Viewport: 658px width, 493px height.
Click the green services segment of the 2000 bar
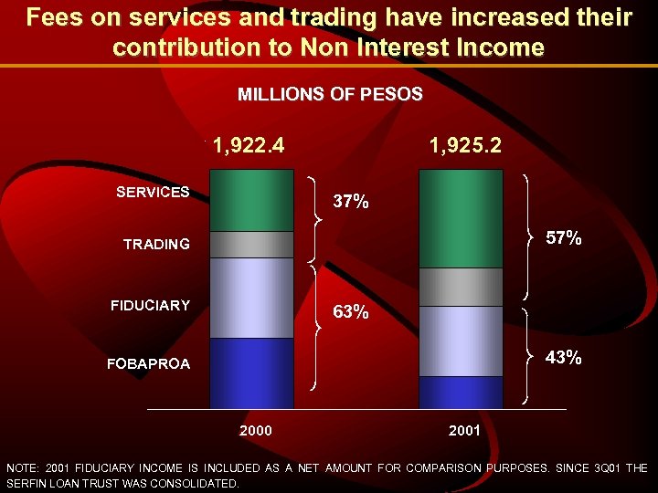(x=251, y=201)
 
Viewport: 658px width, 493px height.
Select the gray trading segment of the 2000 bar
(x=251, y=245)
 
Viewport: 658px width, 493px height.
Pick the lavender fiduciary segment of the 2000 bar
(x=251, y=298)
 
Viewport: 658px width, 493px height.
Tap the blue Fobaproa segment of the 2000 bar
(x=251, y=372)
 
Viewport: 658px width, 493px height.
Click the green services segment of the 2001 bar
(x=461, y=219)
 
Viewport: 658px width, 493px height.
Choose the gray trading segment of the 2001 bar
(x=461, y=287)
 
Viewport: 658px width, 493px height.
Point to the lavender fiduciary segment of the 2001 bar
(x=461, y=341)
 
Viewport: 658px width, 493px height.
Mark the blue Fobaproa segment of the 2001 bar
(x=461, y=392)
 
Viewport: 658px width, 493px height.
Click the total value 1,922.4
(x=249, y=145)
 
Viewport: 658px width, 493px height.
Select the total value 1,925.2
(x=465, y=145)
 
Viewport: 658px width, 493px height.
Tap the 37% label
(x=351, y=202)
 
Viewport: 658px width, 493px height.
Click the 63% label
(x=351, y=312)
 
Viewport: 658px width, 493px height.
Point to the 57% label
(x=564, y=238)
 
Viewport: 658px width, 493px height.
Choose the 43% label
(x=564, y=357)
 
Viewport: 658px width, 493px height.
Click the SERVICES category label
(x=153, y=192)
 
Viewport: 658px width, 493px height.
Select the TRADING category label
(x=157, y=244)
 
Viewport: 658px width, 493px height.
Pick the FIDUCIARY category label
(x=151, y=305)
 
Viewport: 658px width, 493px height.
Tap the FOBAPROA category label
(x=149, y=363)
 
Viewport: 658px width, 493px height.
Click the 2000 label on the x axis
(x=255, y=430)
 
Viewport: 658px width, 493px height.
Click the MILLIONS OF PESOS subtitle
(x=330, y=94)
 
